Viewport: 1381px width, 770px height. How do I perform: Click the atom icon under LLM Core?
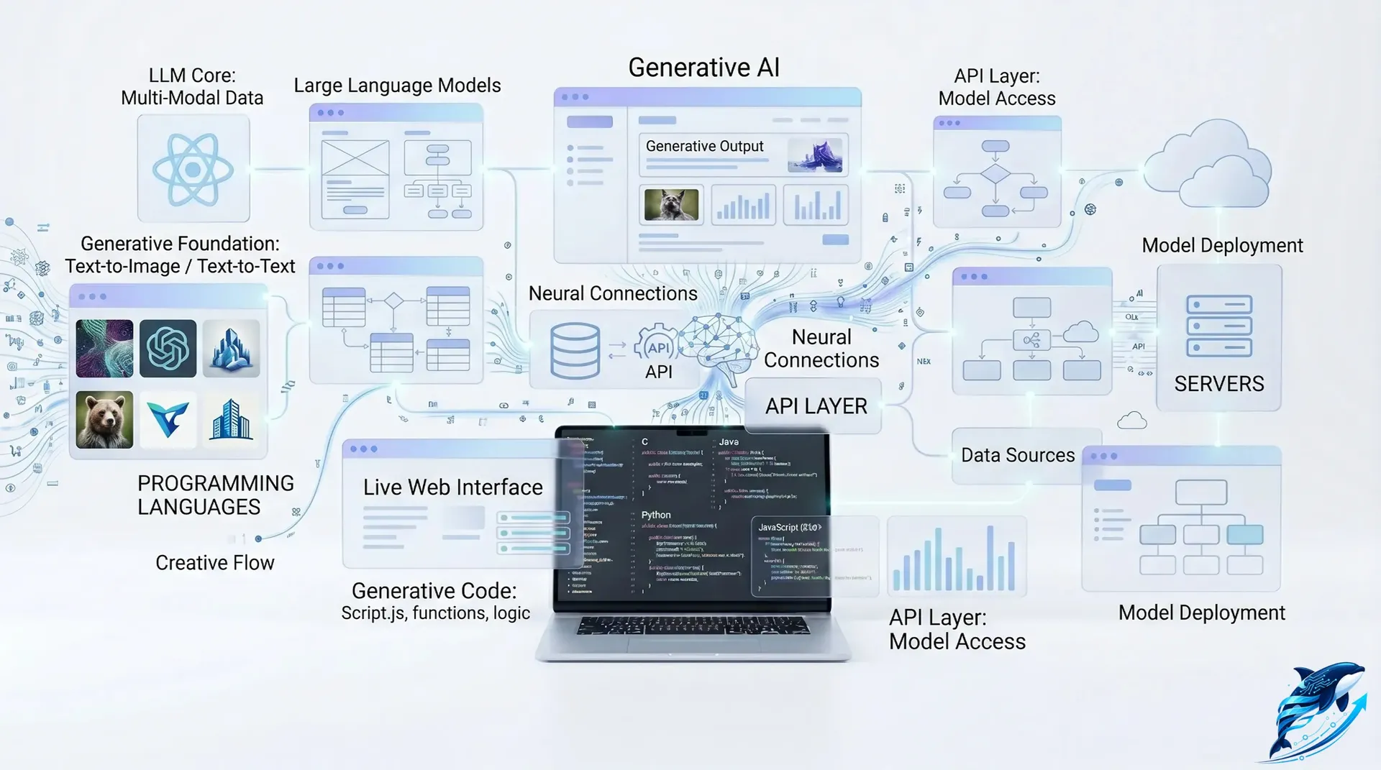pos(193,170)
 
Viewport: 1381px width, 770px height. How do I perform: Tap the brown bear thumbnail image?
pos(104,420)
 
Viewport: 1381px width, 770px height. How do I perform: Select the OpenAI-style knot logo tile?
pos(168,349)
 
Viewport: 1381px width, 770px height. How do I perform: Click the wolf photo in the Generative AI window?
pos(670,205)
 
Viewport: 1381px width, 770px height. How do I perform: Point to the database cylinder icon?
pos(575,351)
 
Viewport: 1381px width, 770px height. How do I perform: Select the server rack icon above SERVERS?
pos(1218,326)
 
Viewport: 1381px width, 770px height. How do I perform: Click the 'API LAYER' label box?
pos(816,406)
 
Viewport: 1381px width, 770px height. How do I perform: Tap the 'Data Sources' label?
pos(1018,455)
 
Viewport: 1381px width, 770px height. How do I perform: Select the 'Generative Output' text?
pos(704,146)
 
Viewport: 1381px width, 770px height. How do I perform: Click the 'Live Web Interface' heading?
pos(452,487)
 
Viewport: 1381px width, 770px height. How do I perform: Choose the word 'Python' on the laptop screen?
pos(656,515)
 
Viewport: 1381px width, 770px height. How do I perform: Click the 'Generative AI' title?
pos(703,68)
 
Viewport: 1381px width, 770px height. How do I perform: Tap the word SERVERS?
pos(1218,384)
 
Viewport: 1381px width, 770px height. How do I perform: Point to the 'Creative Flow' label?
pos(214,563)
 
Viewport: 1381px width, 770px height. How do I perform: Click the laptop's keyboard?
pos(693,625)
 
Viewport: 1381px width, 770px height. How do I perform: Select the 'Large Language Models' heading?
pos(397,86)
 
